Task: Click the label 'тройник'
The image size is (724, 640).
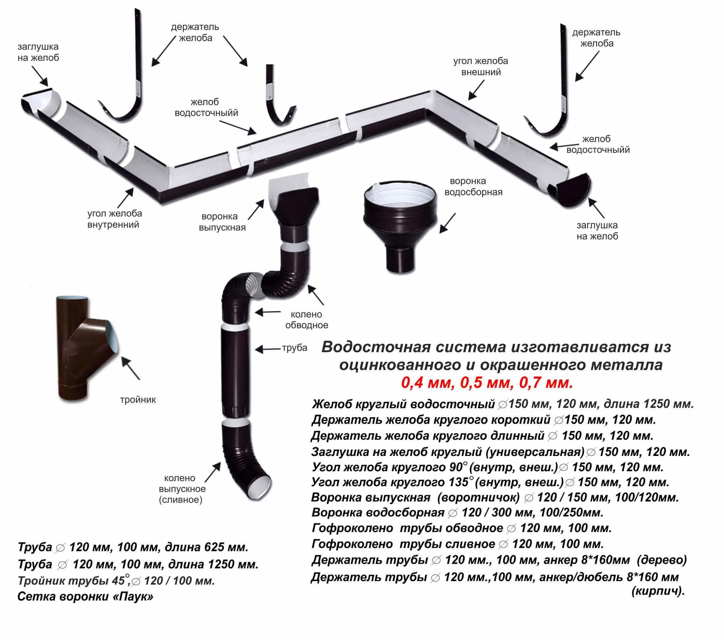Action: click(138, 400)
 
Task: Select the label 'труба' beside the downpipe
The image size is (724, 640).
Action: click(294, 348)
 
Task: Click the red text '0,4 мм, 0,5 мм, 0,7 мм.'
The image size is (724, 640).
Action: click(487, 383)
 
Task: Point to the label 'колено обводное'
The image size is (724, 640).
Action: click(306, 320)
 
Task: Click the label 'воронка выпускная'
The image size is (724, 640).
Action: click(222, 222)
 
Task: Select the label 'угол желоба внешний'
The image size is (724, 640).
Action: click(480, 66)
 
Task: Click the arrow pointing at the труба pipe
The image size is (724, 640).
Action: click(268, 349)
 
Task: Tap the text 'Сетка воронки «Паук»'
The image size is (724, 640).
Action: click(85, 597)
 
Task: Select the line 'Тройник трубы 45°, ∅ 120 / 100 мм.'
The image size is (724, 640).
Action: click(116, 580)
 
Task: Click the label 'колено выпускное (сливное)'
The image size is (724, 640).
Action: click(182, 489)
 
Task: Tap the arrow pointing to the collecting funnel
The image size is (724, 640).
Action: click(448, 223)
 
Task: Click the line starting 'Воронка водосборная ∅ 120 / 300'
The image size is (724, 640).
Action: click(457, 512)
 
